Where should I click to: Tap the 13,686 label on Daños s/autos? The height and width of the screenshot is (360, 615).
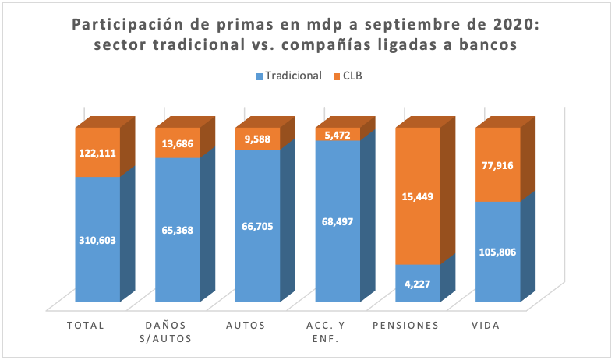click(178, 143)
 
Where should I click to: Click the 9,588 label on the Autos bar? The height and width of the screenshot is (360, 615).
click(258, 139)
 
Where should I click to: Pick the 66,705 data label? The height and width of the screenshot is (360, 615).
click(258, 226)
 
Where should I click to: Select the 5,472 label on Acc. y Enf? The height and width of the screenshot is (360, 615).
click(338, 135)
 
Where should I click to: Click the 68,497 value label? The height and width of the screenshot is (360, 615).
click(338, 221)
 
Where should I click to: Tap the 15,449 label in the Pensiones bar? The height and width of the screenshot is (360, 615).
click(419, 197)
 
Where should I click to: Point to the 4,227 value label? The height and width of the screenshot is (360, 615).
click(419, 284)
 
